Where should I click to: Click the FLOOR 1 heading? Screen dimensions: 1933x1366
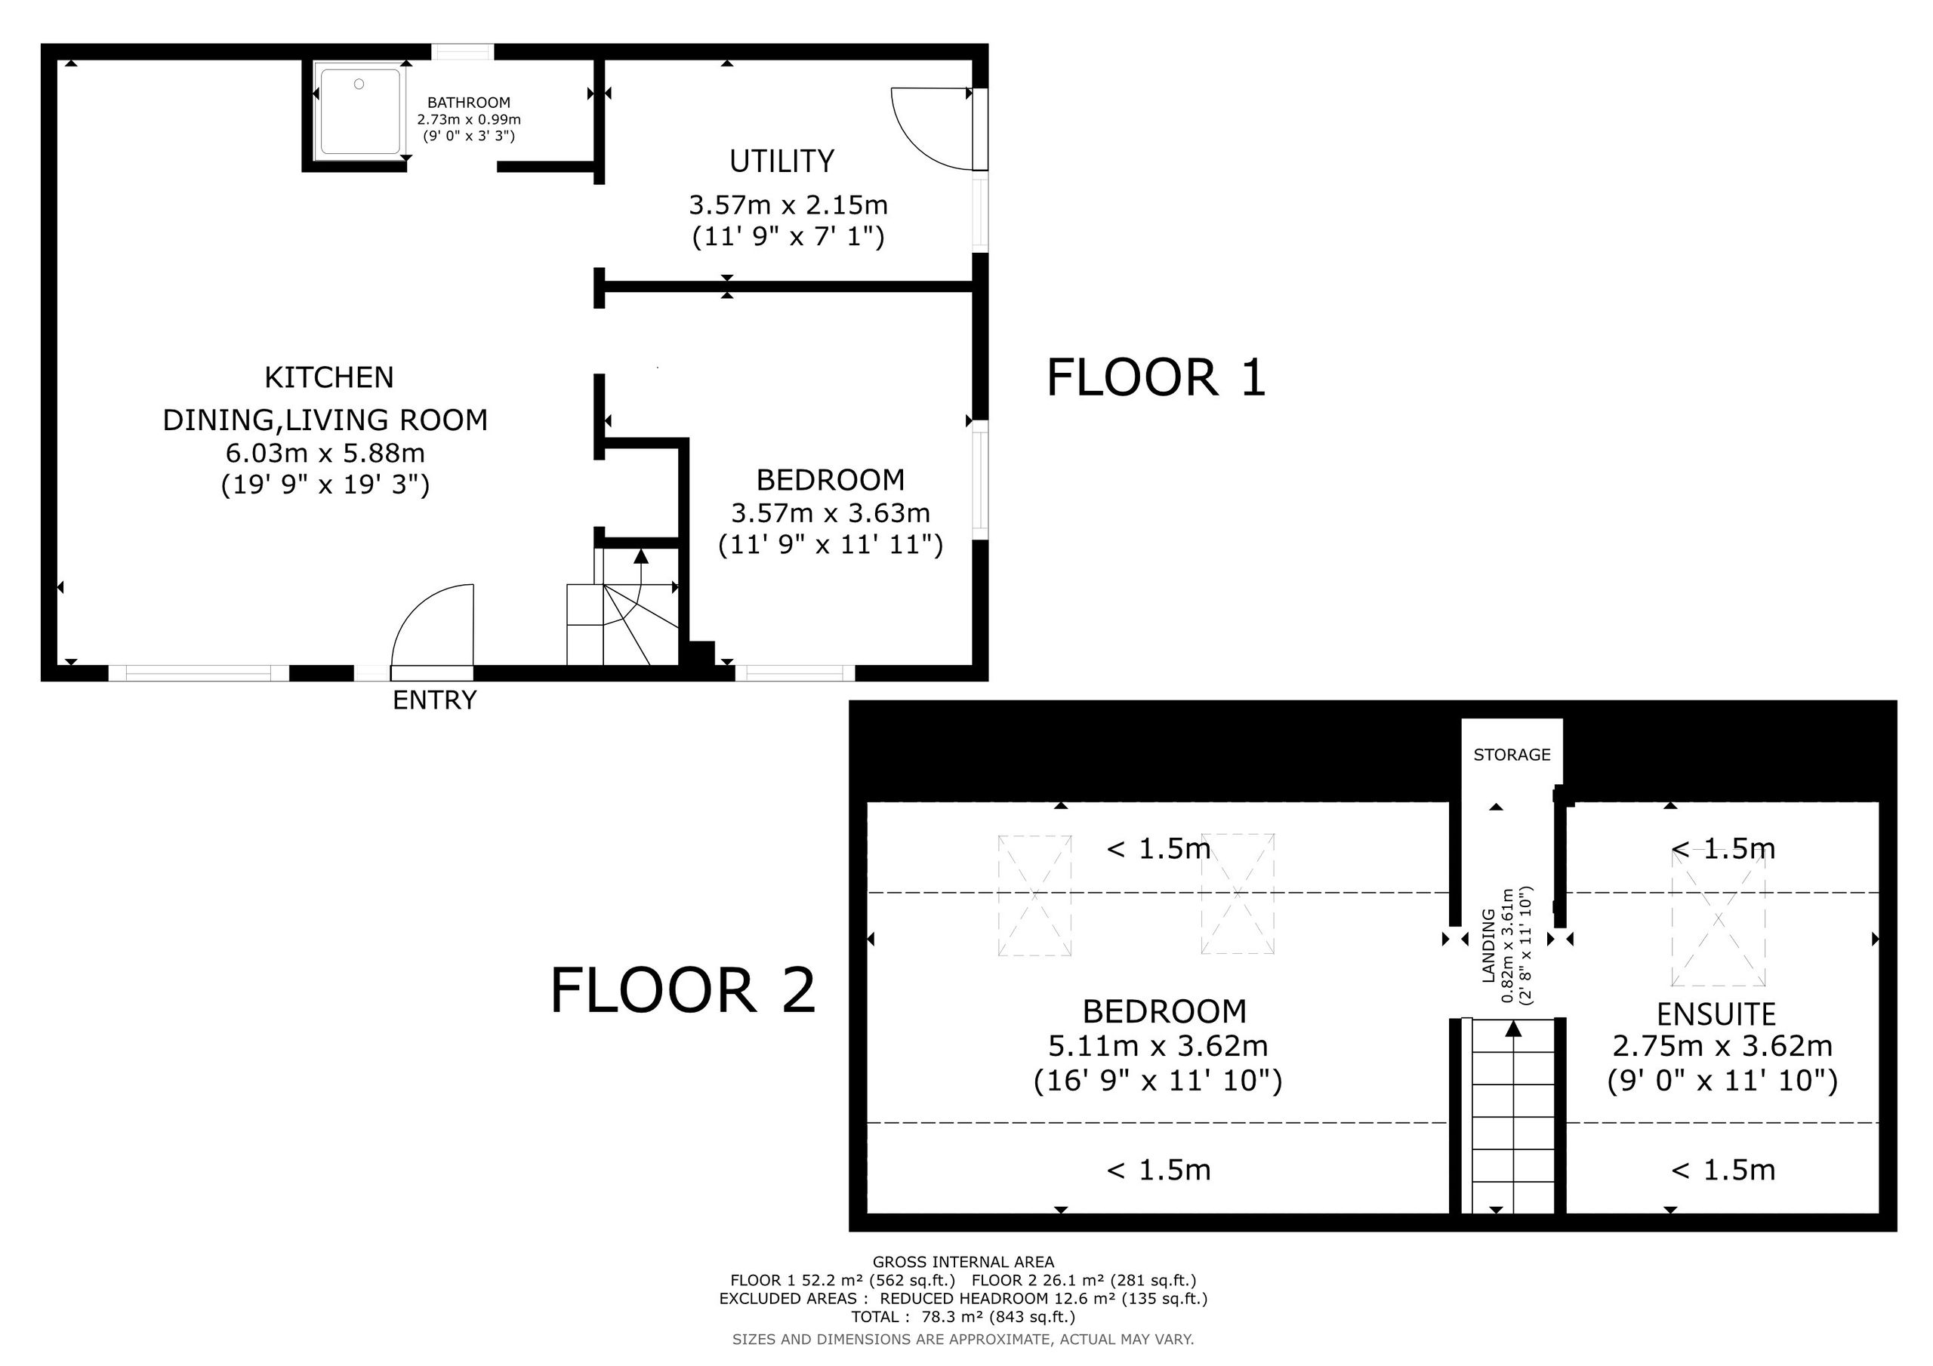point(1156,377)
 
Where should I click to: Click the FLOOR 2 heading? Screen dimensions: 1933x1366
point(683,991)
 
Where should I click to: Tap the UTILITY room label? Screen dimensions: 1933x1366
point(782,161)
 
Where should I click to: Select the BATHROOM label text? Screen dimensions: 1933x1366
point(469,103)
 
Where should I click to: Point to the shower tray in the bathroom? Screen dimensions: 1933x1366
point(359,112)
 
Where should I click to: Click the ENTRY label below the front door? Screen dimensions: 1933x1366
point(434,700)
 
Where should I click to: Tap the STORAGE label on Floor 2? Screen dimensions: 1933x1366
point(1512,755)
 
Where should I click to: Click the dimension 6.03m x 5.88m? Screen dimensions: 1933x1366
point(325,454)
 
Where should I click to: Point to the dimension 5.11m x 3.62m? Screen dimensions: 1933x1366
point(1158,1046)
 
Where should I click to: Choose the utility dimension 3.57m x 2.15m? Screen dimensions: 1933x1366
point(788,205)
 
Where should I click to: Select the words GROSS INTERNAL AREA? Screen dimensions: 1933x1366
point(963,1262)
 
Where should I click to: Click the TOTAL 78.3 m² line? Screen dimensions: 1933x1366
point(963,1317)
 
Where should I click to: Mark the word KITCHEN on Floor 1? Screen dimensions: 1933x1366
point(329,378)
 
